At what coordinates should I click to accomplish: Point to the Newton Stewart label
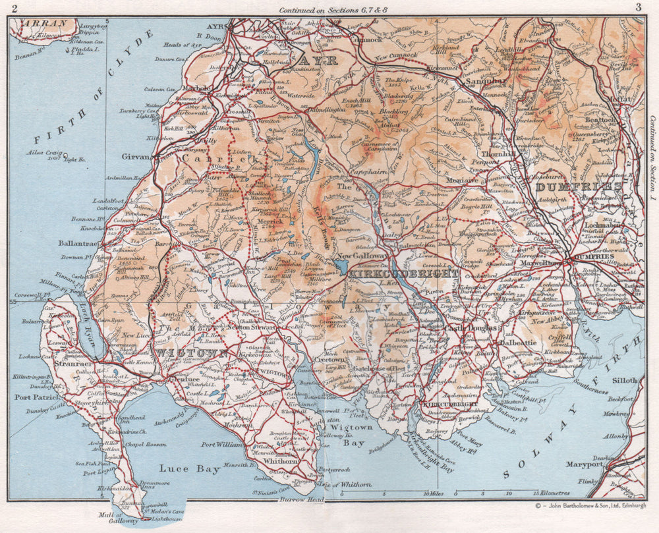point(251,326)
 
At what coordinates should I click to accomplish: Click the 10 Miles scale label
point(435,493)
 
